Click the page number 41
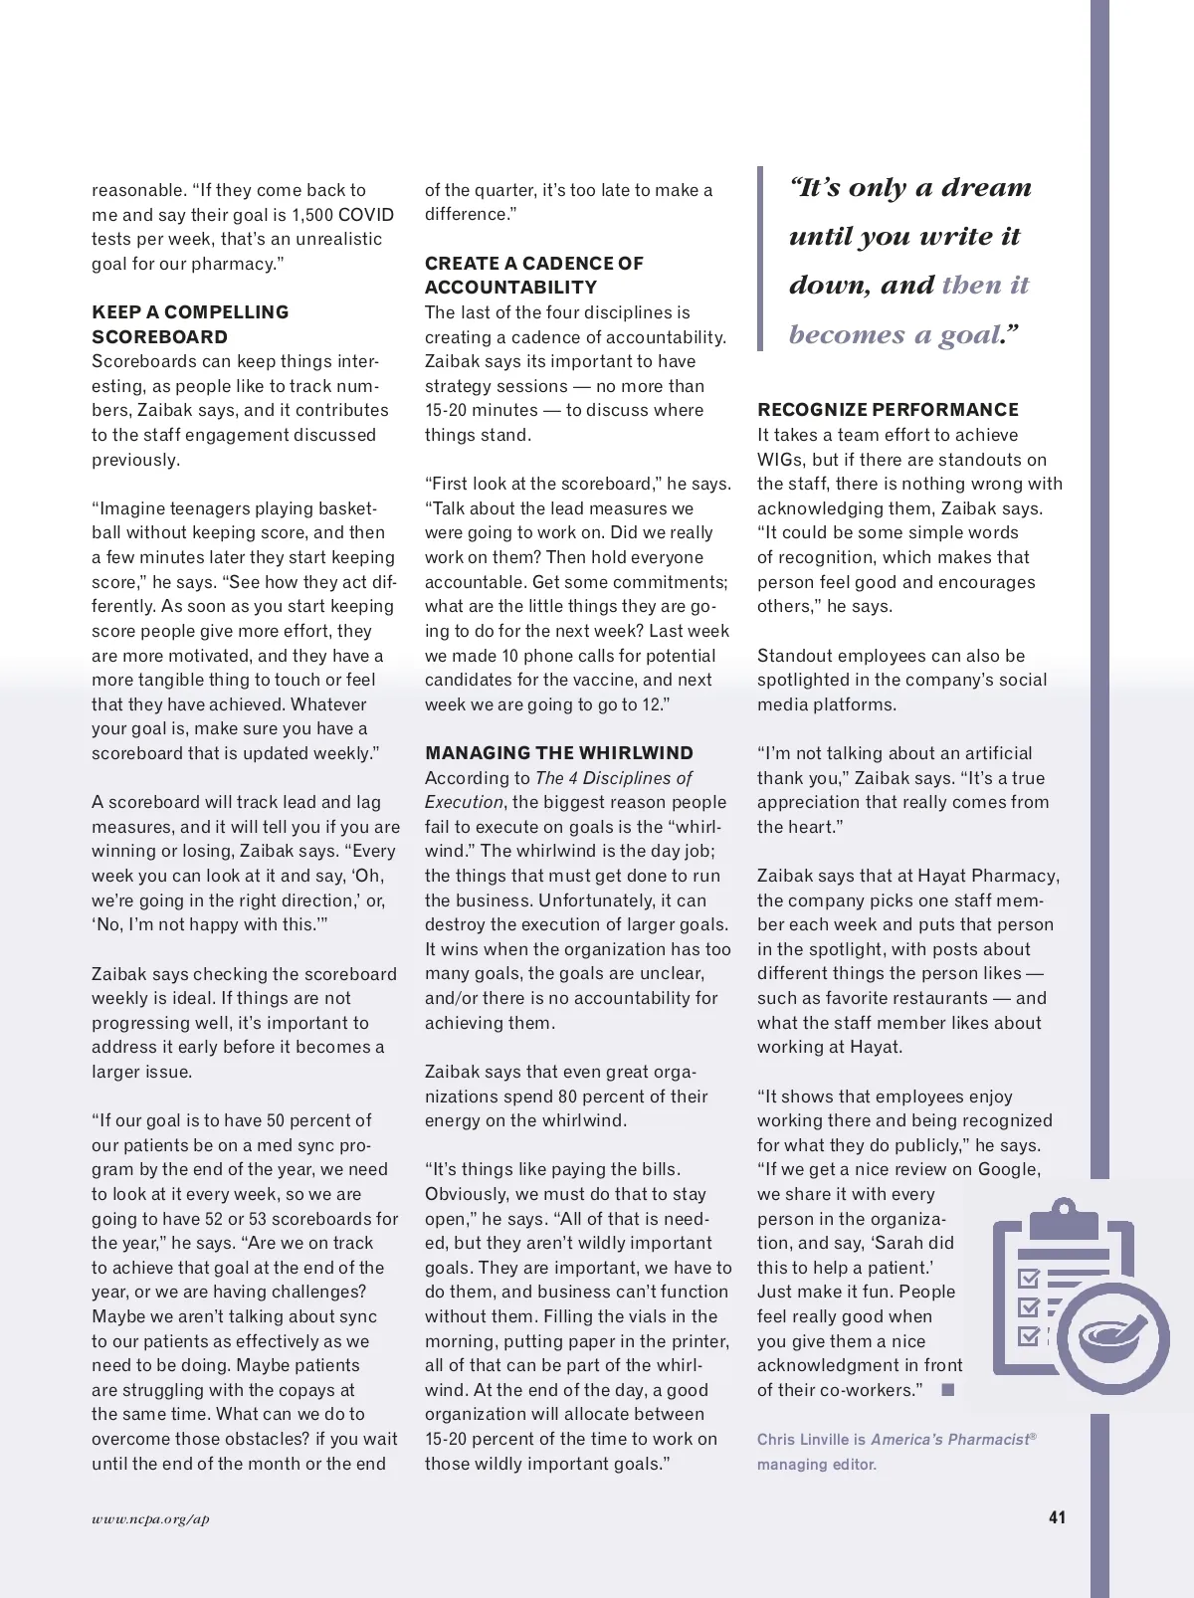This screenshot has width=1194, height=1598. point(1057,1517)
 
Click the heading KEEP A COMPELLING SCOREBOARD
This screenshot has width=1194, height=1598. point(190,324)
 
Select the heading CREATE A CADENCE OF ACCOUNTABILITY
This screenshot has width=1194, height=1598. point(533,276)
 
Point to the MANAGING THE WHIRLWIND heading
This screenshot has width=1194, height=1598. point(558,753)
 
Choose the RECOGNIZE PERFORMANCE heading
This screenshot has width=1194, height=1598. point(888,410)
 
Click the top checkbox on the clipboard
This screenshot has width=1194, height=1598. point(1029,1278)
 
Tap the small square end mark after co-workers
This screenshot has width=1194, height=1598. point(947,1390)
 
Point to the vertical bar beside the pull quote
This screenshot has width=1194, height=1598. point(761,259)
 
